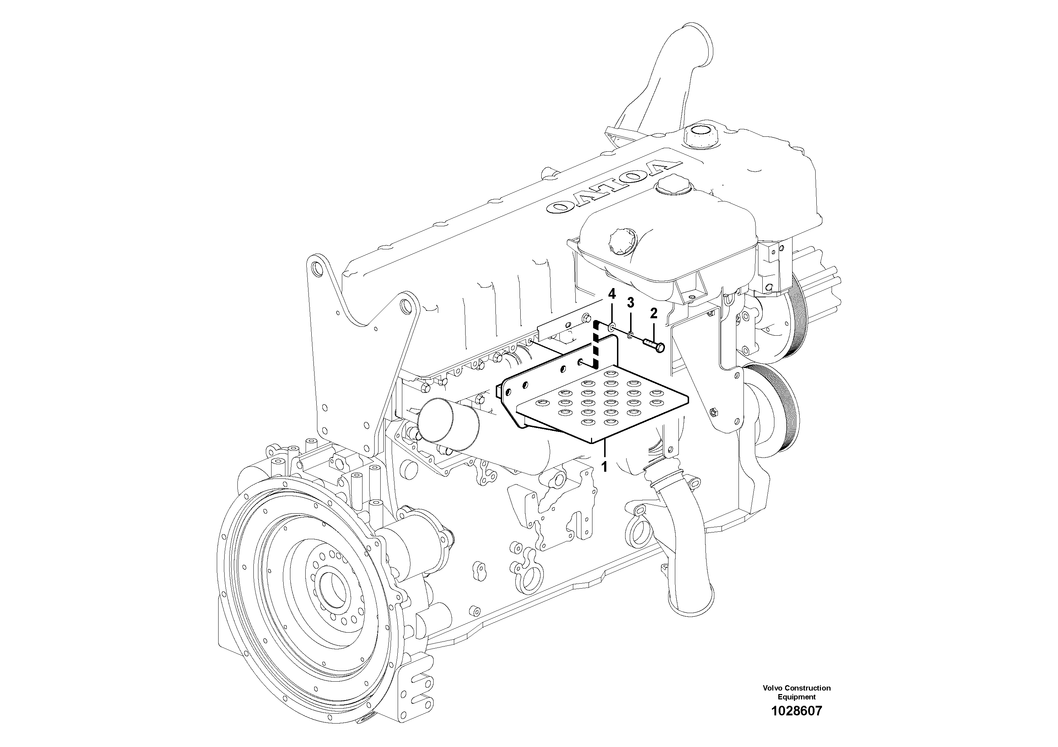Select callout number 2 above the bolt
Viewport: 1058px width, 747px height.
click(x=654, y=314)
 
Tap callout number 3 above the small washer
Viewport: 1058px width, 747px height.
click(x=630, y=303)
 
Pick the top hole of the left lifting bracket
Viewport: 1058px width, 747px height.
click(x=316, y=267)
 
